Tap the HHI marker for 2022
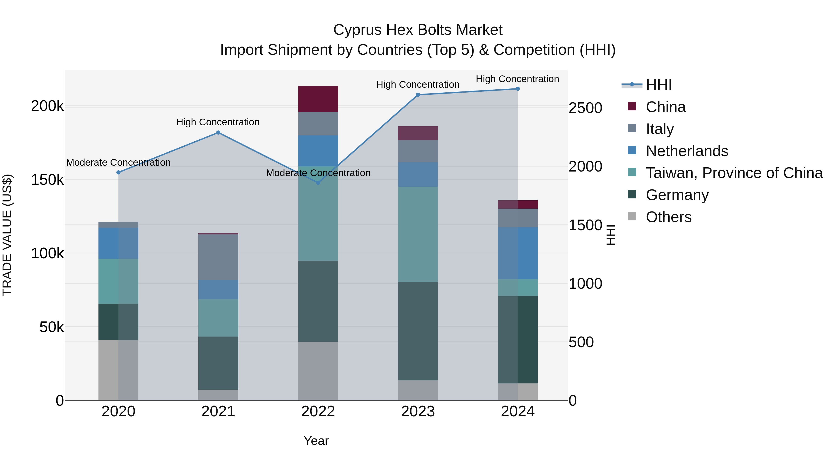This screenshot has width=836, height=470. pyautogui.click(x=318, y=183)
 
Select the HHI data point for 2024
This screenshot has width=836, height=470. pyautogui.click(x=518, y=89)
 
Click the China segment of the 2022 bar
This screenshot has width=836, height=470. pyautogui.click(x=318, y=99)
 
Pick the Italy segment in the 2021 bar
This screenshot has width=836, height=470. pyautogui.click(x=218, y=257)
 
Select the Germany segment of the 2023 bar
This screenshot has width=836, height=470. pyautogui.click(x=418, y=331)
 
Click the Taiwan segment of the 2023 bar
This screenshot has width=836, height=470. pyautogui.click(x=418, y=234)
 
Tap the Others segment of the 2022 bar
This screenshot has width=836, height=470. pyautogui.click(x=318, y=371)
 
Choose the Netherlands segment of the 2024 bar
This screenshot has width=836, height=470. pyautogui.click(x=518, y=253)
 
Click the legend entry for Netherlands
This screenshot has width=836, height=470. pyautogui.click(x=687, y=151)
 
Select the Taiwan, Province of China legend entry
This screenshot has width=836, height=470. pyautogui.click(x=734, y=173)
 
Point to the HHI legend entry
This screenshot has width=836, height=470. pyautogui.click(x=659, y=85)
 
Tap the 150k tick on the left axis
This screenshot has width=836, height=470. pyautogui.click(x=47, y=180)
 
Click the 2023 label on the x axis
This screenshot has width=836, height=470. pyautogui.click(x=418, y=412)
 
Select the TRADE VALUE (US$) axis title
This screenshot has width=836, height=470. pyautogui.click(x=7, y=235)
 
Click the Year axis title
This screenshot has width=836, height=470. pyautogui.click(x=316, y=441)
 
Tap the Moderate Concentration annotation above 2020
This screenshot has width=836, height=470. pyautogui.click(x=118, y=162)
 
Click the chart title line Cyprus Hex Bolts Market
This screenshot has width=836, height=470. pyautogui.click(x=418, y=30)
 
